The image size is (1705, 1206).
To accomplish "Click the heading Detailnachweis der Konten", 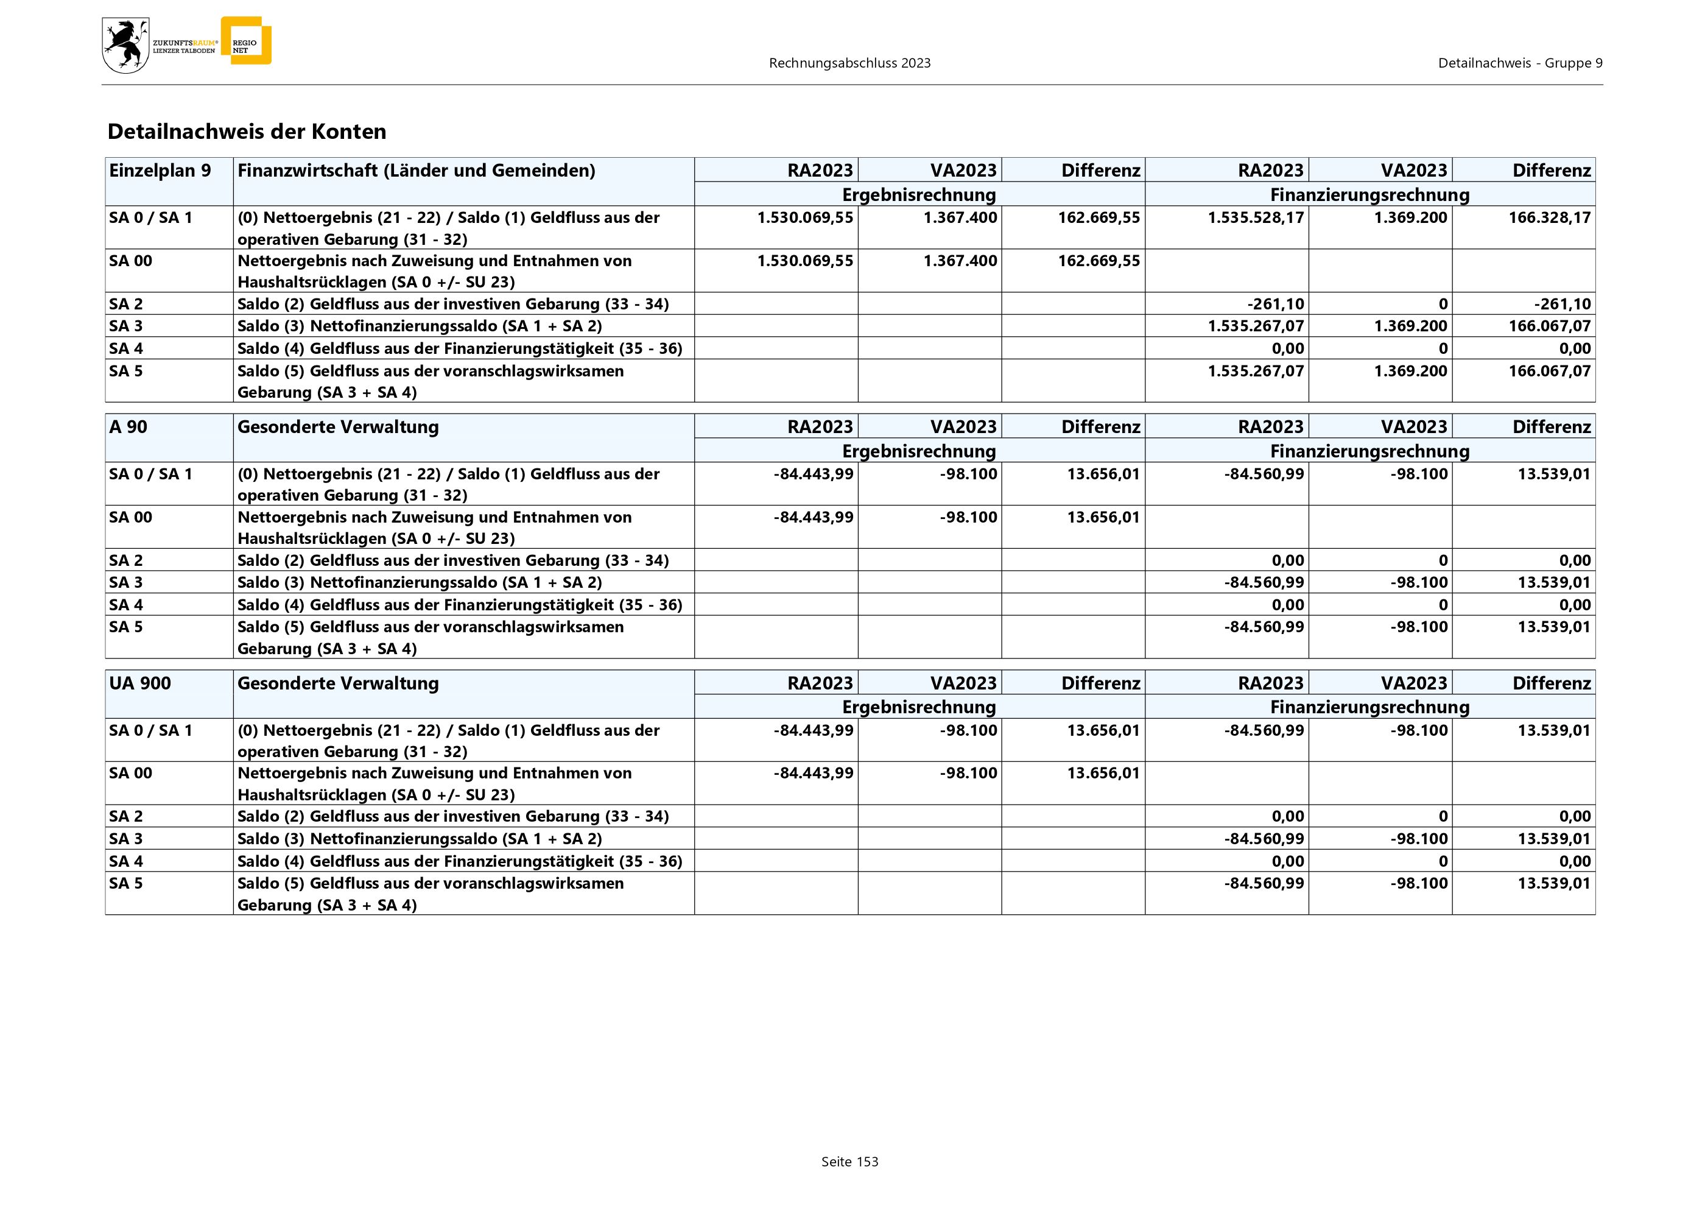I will click(x=247, y=132).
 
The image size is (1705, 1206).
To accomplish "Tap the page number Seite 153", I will click(x=849, y=1162).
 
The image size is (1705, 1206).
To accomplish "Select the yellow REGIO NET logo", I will click(x=247, y=41).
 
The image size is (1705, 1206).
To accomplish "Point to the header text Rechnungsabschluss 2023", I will click(x=849, y=63).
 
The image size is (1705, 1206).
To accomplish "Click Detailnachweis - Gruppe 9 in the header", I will click(x=1519, y=63).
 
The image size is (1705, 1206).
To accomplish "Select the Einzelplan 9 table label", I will click(x=160, y=171).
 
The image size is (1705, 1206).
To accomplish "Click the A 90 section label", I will click(x=128, y=427).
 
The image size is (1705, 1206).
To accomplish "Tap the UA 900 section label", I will click(x=139, y=683).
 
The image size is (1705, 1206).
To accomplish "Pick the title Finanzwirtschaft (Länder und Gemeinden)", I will click(x=416, y=171).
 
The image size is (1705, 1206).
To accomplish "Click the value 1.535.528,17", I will click(x=1255, y=217).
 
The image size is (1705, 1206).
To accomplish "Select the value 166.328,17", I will click(x=1549, y=217).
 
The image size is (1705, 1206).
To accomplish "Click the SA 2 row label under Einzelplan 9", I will click(x=126, y=304).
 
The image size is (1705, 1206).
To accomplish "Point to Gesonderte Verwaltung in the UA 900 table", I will click(x=338, y=683).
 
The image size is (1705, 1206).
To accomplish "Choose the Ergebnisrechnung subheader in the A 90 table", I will click(x=919, y=451).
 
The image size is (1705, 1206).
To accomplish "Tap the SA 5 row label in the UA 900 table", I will click(x=126, y=883).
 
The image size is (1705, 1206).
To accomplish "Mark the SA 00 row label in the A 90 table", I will click(x=131, y=517).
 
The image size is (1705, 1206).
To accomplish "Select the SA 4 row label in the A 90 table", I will click(x=126, y=604).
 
